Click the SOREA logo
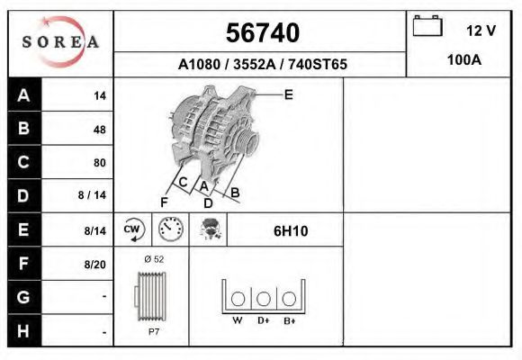60,42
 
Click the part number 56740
262,33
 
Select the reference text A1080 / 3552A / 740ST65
262,65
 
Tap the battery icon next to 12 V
426,28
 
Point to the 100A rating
464,60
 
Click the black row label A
24,95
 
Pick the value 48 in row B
99,130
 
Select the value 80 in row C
99,163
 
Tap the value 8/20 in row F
94,264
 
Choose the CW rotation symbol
133,229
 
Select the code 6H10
291,230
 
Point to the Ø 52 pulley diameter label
154,259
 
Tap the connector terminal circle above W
238,299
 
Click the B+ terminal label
288,320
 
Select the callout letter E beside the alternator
289,94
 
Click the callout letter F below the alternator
164,201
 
